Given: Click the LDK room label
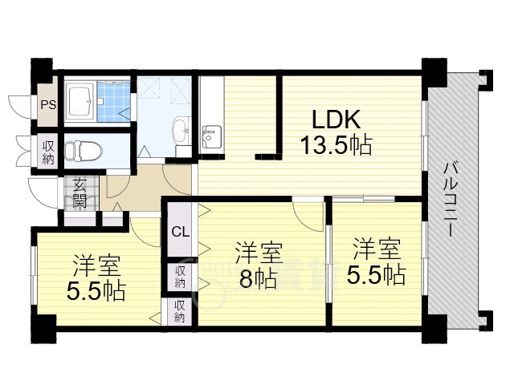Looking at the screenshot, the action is coord(336,119).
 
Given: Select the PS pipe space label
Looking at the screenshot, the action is coord(48,105).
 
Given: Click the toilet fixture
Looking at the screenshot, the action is coord(83,152).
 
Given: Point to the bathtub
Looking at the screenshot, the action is coord(80,101).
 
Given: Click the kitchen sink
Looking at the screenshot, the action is coord(211,136).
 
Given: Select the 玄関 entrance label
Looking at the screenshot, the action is coord(80,193).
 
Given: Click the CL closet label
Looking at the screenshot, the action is coord(181,232).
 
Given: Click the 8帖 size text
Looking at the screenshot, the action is coord(257,278).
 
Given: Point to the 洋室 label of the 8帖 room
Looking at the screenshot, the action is coord(259,253).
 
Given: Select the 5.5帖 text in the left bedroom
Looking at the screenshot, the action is coord(96,291).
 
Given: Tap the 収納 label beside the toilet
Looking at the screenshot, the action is coord(48,152).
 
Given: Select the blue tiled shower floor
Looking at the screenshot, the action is coord(113,102).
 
